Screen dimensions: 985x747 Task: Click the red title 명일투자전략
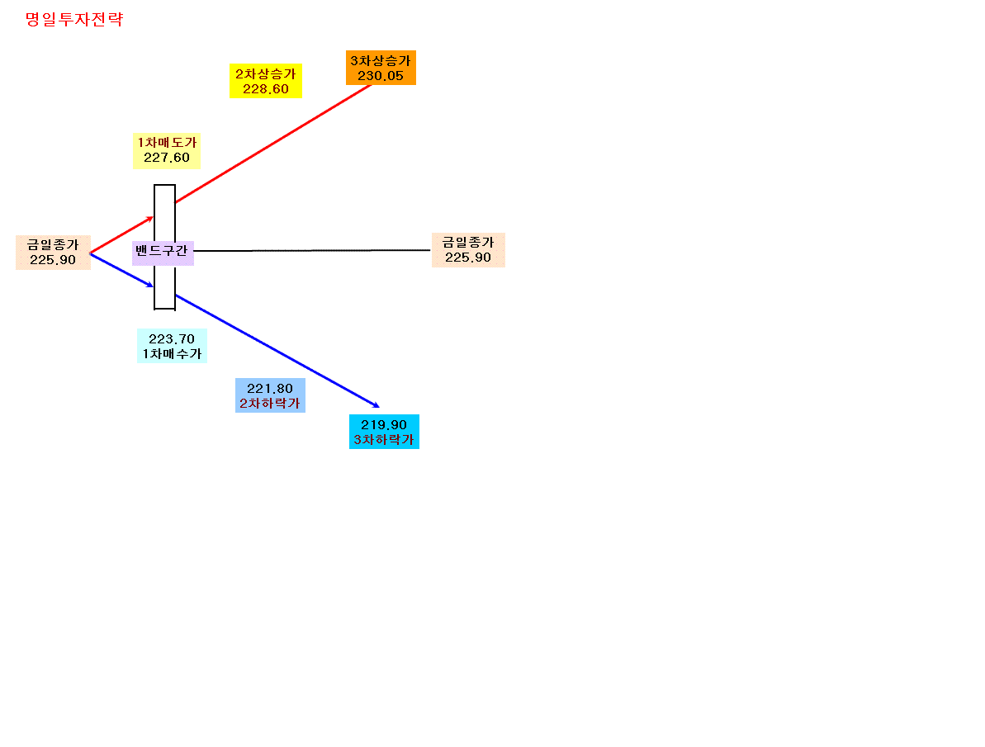[74, 20]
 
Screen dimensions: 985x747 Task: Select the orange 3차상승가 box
[381, 68]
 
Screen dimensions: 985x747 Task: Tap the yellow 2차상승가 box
[266, 81]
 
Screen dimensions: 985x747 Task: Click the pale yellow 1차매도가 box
[167, 151]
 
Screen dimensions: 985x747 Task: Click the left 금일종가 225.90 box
[54, 253]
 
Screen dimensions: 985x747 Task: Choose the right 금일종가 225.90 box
[468, 250]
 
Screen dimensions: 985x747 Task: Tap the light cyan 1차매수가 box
[172, 346]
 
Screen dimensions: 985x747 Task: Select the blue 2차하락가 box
[270, 395]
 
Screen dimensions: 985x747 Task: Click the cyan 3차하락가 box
[384, 432]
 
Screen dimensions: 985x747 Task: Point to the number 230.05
[381, 76]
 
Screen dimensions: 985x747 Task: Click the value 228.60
[266, 89]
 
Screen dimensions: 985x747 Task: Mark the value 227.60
[167, 158]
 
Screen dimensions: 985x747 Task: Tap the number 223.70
[172, 339]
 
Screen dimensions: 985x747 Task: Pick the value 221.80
[270, 389]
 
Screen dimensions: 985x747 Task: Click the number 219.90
[384, 425]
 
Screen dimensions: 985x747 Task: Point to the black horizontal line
[312, 251]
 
